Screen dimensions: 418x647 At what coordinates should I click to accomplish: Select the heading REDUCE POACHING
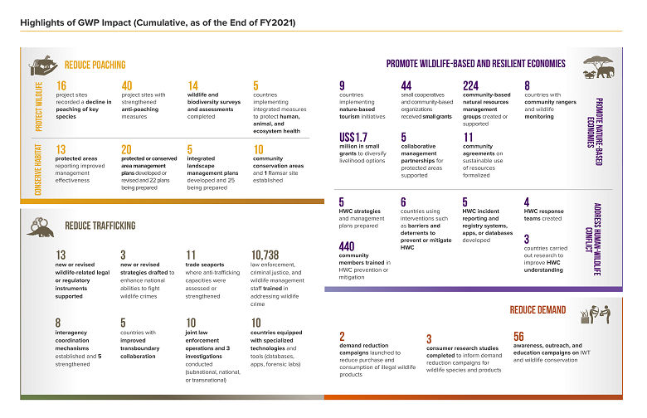pyautogui.click(x=95, y=65)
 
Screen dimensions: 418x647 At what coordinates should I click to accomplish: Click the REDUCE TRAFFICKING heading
pyautogui.click(x=100, y=226)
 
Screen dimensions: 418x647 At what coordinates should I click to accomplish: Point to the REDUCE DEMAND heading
pyautogui.click(x=538, y=310)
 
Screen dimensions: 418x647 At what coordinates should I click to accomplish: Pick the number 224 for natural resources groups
pyautogui.click(x=471, y=85)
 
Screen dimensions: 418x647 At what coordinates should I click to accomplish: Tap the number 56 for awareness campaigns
pyautogui.click(x=519, y=336)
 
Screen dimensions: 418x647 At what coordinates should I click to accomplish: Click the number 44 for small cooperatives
pyautogui.click(x=406, y=85)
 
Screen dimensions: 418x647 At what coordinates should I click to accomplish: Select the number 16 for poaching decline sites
pyautogui.click(x=61, y=85)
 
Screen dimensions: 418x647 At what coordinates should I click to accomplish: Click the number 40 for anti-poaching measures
pyautogui.click(x=127, y=85)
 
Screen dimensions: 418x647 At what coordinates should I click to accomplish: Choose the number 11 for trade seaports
pyautogui.click(x=191, y=255)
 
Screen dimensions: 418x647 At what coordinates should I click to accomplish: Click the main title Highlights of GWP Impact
pyautogui.click(x=158, y=22)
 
